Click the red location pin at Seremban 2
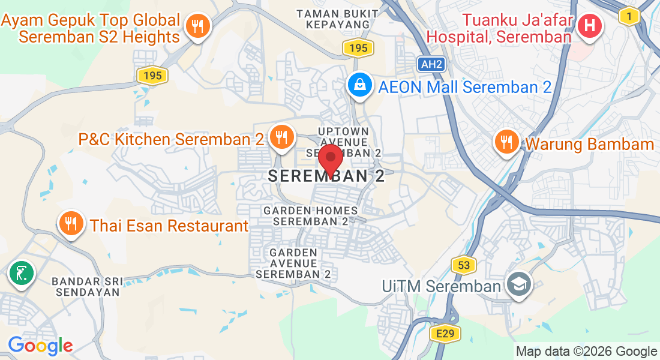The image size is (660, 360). click(x=330, y=159)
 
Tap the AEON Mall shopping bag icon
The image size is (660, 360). click(x=359, y=86)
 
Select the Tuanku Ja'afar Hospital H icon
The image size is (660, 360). click(x=590, y=26)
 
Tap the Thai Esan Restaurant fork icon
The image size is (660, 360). click(x=71, y=224)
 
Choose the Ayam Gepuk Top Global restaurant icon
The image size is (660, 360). click(x=196, y=26)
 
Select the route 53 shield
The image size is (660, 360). click(x=464, y=265)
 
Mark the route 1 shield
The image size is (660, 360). click(x=629, y=17)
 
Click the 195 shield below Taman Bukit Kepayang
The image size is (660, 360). click(x=358, y=48)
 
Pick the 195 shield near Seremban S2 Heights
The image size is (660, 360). click(x=152, y=76)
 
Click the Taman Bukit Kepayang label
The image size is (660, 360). click(x=337, y=19)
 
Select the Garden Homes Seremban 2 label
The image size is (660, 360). click(x=311, y=215)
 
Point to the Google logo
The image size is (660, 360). click(x=40, y=346)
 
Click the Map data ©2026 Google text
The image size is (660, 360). click(x=586, y=352)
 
